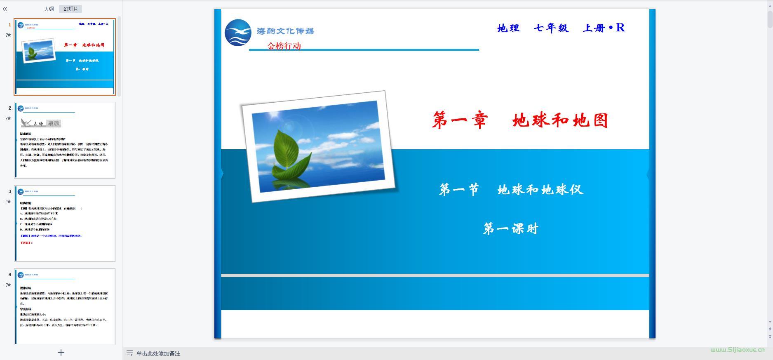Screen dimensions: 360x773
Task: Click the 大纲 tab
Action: [x=49, y=9]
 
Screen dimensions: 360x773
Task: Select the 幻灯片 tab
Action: [x=70, y=9]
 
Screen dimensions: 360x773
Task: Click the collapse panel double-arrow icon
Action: [x=5, y=9]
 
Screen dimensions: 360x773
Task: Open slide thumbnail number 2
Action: [x=65, y=140]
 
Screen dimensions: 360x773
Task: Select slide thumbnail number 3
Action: [x=65, y=224]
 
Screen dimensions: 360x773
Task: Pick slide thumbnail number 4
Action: [x=65, y=307]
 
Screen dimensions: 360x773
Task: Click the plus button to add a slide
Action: [x=61, y=353]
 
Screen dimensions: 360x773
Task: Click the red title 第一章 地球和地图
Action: [x=520, y=120]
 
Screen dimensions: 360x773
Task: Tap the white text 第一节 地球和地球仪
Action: [x=511, y=190]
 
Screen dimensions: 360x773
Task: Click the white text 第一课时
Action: [x=511, y=228]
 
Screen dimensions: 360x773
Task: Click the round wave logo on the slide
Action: [x=238, y=33]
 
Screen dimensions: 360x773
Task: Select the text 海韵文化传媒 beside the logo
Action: [x=285, y=31]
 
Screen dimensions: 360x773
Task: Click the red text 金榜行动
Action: [x=284, y=46]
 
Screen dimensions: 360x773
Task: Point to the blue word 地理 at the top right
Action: [x=508, y=28]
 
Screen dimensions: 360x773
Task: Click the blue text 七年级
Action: [x=551, y=28]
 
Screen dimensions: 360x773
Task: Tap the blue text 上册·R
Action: [x=604, y=28]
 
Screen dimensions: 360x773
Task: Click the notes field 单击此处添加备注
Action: [x=158, y=353]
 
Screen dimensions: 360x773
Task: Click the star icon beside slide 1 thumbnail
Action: [x=9, y=35]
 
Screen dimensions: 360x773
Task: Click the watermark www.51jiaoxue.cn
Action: [x=737, y=350]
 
